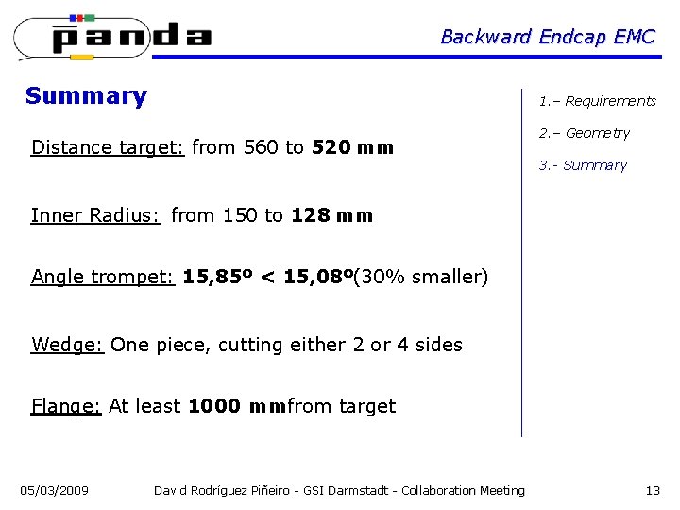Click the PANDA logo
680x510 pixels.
tap(113, 36)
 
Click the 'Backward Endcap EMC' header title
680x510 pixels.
tap(547, 37)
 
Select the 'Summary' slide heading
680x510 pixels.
tap(86, 95)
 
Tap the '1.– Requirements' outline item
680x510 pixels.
tap(597, 101)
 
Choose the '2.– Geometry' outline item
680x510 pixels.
tap(584, 133)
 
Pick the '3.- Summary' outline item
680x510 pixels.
tap(583, 165)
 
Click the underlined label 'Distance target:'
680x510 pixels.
tap(107, 147)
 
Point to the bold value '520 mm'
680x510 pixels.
tap(351, 147)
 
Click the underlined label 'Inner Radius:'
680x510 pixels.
tap(95, 215)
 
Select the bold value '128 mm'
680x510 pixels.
tap(332, 215)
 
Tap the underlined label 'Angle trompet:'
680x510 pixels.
tap(103, 277)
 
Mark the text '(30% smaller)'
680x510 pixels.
tap(421, 277)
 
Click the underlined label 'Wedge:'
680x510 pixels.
tap(66, 345)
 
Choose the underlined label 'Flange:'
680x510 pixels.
tap(65, 406)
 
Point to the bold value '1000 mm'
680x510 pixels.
tap(237, 406)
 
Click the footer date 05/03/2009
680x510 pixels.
tap(55, 490)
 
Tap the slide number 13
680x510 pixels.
tap(653, 490)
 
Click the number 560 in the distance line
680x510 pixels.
tap(262, 147)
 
